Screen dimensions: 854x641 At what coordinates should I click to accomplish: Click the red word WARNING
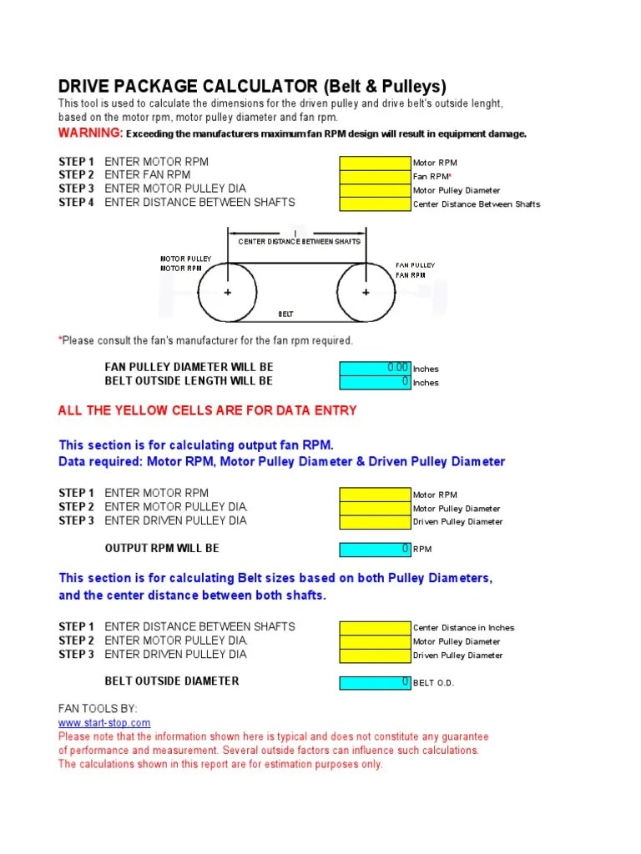[90, 133]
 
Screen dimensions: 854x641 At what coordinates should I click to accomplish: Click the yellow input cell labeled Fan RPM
[375, 176]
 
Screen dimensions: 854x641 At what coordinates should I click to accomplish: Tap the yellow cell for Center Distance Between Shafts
[375, 203]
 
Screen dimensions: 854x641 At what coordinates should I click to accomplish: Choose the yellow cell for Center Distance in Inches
[375, 627]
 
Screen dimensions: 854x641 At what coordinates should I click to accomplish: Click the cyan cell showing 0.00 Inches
[375, 368]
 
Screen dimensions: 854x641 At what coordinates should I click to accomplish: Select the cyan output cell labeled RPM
[375, 549]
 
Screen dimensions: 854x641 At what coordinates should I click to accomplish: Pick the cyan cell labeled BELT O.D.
[375, 682]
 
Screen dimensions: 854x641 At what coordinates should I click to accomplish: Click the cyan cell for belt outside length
[375, 382]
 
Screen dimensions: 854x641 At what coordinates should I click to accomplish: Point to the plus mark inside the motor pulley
[228, 293]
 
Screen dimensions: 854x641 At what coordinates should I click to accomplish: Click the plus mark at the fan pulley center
[366, 293]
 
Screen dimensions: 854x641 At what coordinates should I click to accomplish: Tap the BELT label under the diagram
[285, 314]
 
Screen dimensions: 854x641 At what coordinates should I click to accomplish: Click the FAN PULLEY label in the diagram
[415, 265]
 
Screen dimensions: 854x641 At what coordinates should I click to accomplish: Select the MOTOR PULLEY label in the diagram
[185, 259]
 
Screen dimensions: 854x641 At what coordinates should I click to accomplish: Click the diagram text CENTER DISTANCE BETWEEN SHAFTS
[299, 242]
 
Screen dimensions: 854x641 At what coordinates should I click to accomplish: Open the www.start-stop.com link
[104, 722]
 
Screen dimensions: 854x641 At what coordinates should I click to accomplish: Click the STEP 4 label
[76, 203]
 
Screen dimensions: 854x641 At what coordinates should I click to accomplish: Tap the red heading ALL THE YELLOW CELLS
[207, 410]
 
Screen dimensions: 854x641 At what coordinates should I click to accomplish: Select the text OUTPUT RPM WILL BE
[162, 549]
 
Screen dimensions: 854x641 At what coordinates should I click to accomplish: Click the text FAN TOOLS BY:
[97, 708]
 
